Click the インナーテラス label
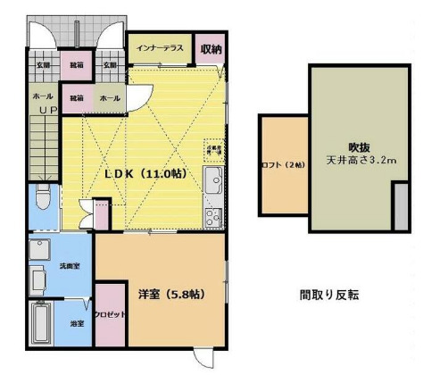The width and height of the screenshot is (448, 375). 160,48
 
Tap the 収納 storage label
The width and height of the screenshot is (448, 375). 211,48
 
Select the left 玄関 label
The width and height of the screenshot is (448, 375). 43,65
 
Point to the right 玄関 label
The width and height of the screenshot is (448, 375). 109,65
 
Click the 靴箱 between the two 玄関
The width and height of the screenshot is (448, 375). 76,65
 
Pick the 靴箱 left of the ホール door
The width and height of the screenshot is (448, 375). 77,97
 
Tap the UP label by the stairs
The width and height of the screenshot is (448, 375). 46,111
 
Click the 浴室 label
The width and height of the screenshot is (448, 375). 77,323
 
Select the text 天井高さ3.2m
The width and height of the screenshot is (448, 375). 361,161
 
